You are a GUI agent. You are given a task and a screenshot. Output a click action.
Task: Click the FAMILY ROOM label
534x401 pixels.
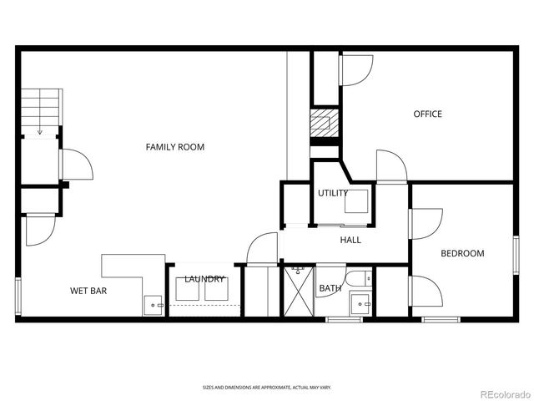[x=175, y=147]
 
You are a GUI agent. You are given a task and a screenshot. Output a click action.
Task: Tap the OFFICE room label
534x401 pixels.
[x=428, y=114]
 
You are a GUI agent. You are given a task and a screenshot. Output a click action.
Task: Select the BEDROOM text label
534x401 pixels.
[x=462, y=253]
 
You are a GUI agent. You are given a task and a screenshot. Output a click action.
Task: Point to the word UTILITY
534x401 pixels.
[x=333, y=194]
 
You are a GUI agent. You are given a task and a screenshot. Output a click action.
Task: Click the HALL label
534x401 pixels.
[x=350, y=241]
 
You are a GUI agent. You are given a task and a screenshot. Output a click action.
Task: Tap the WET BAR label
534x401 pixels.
[x=88, y=292]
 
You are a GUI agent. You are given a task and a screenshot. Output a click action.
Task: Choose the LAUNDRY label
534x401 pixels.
[x=204, y=279]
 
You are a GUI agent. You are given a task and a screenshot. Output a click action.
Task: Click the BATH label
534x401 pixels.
[x=330, y=289]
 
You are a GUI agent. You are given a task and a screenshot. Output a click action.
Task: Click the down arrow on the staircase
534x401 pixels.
[x=40, y=129]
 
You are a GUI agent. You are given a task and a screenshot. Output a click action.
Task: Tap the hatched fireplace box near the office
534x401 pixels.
[x=322, y=125]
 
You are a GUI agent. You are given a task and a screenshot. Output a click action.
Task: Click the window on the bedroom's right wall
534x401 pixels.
[x=515, y=254]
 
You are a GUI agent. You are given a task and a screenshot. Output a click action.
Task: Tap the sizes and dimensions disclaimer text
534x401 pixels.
[x=267, y=388]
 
